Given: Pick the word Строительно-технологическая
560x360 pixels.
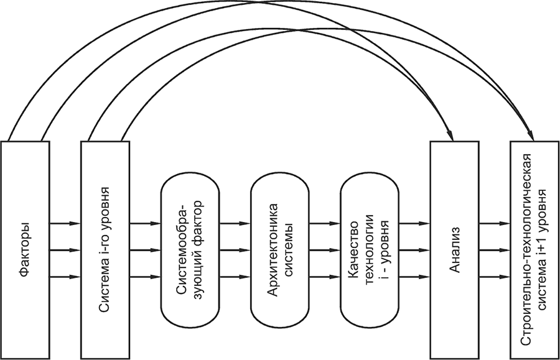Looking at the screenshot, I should click(x=526, y=249).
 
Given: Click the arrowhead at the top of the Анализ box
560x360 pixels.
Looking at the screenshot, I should click(x=449, y=136).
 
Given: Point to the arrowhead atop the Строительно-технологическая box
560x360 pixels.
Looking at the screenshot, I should click(x=531, y=135).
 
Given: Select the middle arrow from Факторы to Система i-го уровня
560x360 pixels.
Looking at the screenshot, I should click(x=65, y=250).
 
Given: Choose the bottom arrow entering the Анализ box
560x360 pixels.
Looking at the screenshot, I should click(x=414, y=277).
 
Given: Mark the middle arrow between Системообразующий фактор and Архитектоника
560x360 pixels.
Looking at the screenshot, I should click(x=235, y=250).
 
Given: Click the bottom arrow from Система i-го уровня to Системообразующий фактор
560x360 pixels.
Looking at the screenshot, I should click(x=145, y=277).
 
